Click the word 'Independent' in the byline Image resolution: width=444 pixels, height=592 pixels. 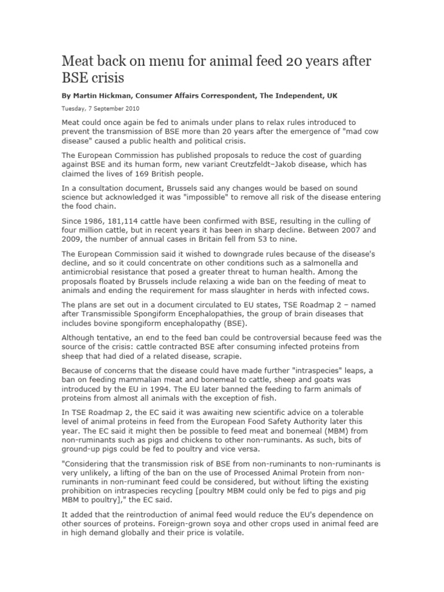[x=299, y=94]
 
